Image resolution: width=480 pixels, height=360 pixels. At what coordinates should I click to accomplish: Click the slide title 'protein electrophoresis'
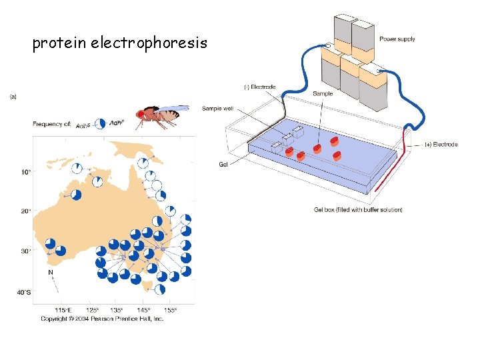[120, 44]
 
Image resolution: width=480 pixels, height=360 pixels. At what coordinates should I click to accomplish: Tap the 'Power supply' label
[397, 39]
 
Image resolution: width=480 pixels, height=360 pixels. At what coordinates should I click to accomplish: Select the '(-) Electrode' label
[260, 87]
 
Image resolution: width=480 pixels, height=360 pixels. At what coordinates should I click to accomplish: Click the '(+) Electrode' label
[441, 145]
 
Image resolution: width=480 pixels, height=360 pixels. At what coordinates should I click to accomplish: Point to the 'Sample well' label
[219, 107]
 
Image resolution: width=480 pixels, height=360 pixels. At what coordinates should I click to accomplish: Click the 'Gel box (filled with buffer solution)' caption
[358, 210]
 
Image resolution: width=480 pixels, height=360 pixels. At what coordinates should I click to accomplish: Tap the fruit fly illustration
[160, 116]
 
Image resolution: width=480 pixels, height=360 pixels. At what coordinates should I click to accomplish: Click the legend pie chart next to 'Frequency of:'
[99, 123]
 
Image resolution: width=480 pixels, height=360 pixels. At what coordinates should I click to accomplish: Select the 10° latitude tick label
[25, 172]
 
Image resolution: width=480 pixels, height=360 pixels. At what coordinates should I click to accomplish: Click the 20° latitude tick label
[25, 211]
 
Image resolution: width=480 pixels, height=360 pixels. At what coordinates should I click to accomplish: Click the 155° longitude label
[171, 311]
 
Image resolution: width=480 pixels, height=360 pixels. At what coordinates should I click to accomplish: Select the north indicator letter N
[51, 272]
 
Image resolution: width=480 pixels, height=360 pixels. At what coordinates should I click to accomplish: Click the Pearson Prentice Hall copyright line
[103, 319]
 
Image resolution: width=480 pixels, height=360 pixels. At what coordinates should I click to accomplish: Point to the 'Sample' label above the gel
[323, 94]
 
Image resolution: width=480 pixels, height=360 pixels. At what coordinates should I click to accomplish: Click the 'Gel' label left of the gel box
[223, 164]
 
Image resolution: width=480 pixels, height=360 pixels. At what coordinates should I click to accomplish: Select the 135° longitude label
[116, 311]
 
